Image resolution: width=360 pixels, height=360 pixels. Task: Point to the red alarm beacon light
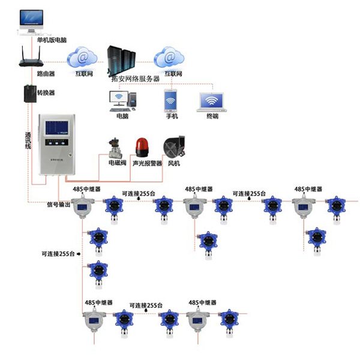click(x=143, y=146)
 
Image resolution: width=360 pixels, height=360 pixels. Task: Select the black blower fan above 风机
click(x=173, y=146)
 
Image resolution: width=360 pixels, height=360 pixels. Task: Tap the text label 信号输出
click(x=59, y=205)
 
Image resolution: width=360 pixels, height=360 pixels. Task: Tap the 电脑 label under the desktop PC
click(x=122, y=116)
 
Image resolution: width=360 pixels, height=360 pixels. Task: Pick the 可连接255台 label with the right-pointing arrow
click(x=61, y=254)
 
